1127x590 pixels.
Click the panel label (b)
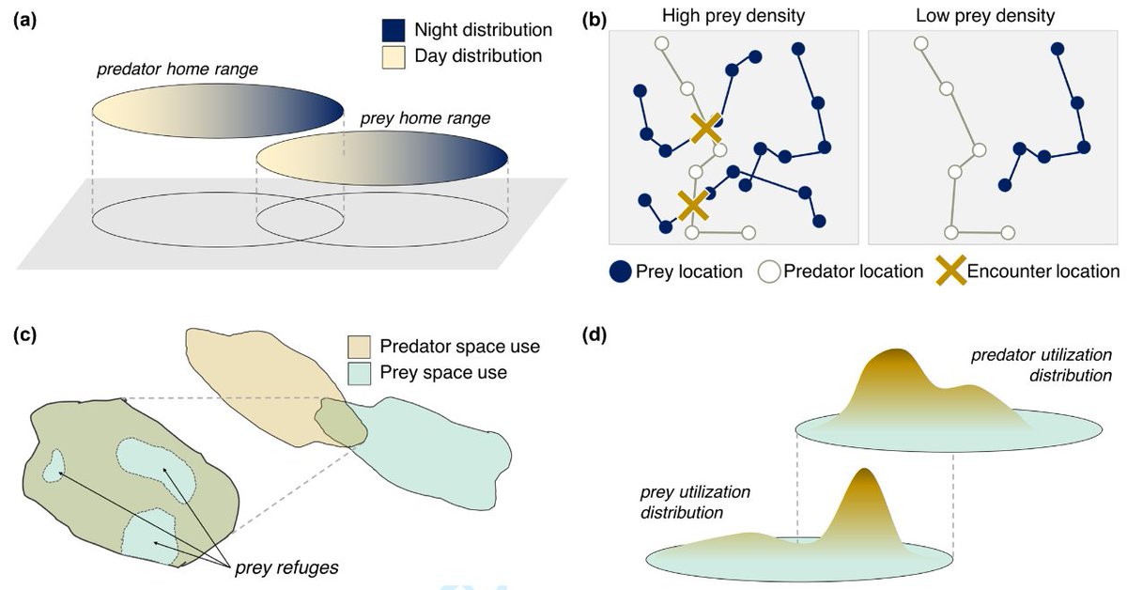pyautogui.click(x=594, y=17)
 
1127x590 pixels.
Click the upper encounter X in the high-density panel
pyautogui.click(x=706, y=129)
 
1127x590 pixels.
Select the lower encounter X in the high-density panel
pyautogui.click(x=692, y=203)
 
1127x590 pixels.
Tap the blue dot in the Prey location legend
pyautogui.click(x=620, y=272)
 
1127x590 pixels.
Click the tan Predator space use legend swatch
pyautogui.click(x=362, y=347)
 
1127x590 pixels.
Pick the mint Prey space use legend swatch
pyautogui.click(x=362, y=373)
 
